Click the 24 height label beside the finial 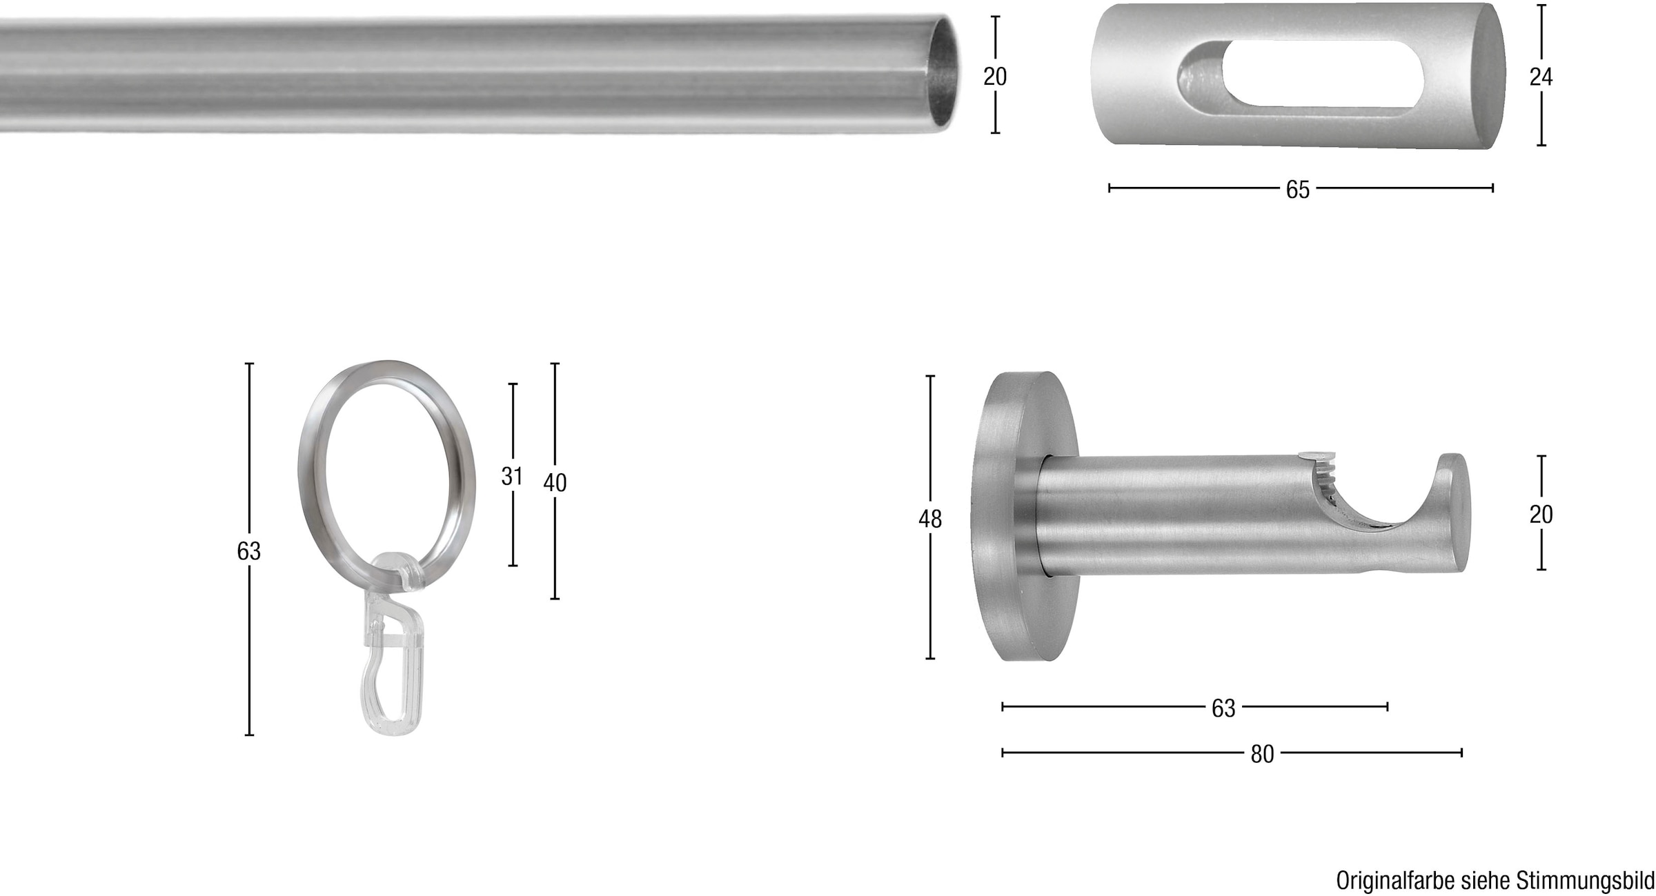tap(1541, 77)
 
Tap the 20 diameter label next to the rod tap(995, 76)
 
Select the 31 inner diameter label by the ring tap(512, 476)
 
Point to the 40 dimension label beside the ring tap(555, 483)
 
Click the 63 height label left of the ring tap(249, 551)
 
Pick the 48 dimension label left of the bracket tap(930, 519)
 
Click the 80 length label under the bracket tap(1262, 755)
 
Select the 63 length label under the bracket tap(1223, 708)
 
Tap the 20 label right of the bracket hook tap(1541, 515)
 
